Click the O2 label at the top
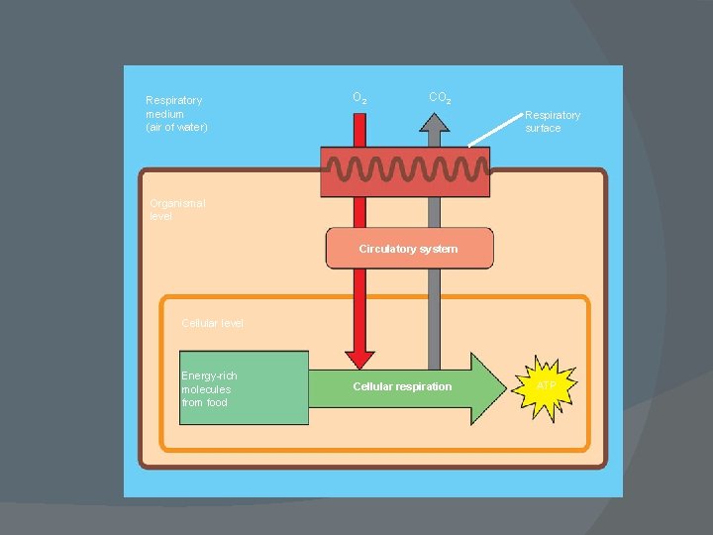click(360, 98)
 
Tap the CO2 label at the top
click(441, 98)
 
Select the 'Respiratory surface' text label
click(552, 121)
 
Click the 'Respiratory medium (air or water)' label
click(175, 114)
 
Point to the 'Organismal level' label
click(177, 209)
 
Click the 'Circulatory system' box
click(408, 249)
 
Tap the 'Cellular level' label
click(212, 323)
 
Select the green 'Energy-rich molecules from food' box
click(244, 388)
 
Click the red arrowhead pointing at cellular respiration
click(359, 358)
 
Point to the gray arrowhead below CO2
click(433, 123)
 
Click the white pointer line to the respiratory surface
click(495, 130)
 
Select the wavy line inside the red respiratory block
click(406, 171)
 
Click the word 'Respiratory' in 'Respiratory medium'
click(173, 100)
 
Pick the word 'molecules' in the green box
click(205, 389)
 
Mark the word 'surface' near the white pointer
click(543, 128)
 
